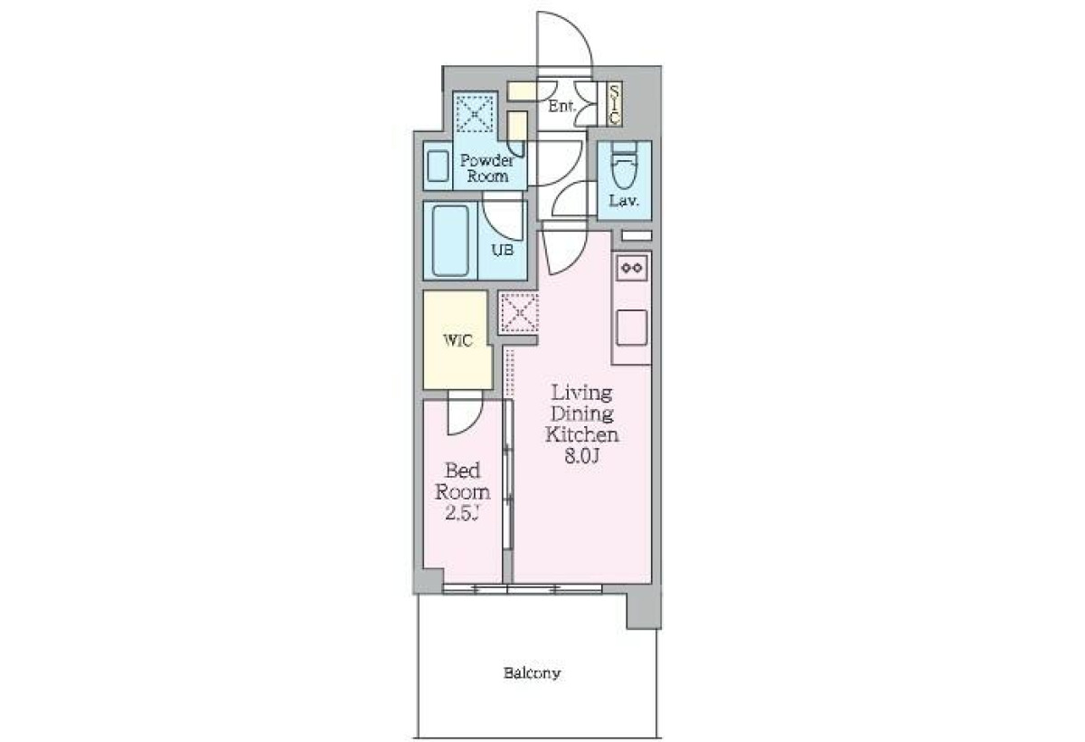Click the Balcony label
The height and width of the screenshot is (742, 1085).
coord(532,672)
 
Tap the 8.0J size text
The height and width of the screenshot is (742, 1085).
coord(582,456)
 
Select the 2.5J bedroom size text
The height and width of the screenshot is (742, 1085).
coord(462,513)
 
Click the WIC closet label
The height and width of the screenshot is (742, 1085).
coord(458,341)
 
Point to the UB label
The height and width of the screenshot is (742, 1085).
coord(503,250)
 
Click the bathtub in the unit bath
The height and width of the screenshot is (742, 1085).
coord(450,241)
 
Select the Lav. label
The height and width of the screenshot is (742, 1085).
coord(624,200)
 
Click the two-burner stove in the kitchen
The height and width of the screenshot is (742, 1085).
coord(632,268)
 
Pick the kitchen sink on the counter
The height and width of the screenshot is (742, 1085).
coord(632,328)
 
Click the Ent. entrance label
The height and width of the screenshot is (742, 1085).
coord(561,106)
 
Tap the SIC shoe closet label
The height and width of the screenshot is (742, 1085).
coord(614,105)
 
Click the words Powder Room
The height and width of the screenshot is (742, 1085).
coord(487,167)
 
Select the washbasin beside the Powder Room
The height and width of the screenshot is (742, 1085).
coord(439,166)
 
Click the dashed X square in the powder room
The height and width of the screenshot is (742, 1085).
coord(476,114)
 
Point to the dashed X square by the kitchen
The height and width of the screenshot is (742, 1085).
coord(519,312)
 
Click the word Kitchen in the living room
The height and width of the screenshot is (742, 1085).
coord(581,434)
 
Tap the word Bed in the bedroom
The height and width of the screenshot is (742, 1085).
coord(463,471)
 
